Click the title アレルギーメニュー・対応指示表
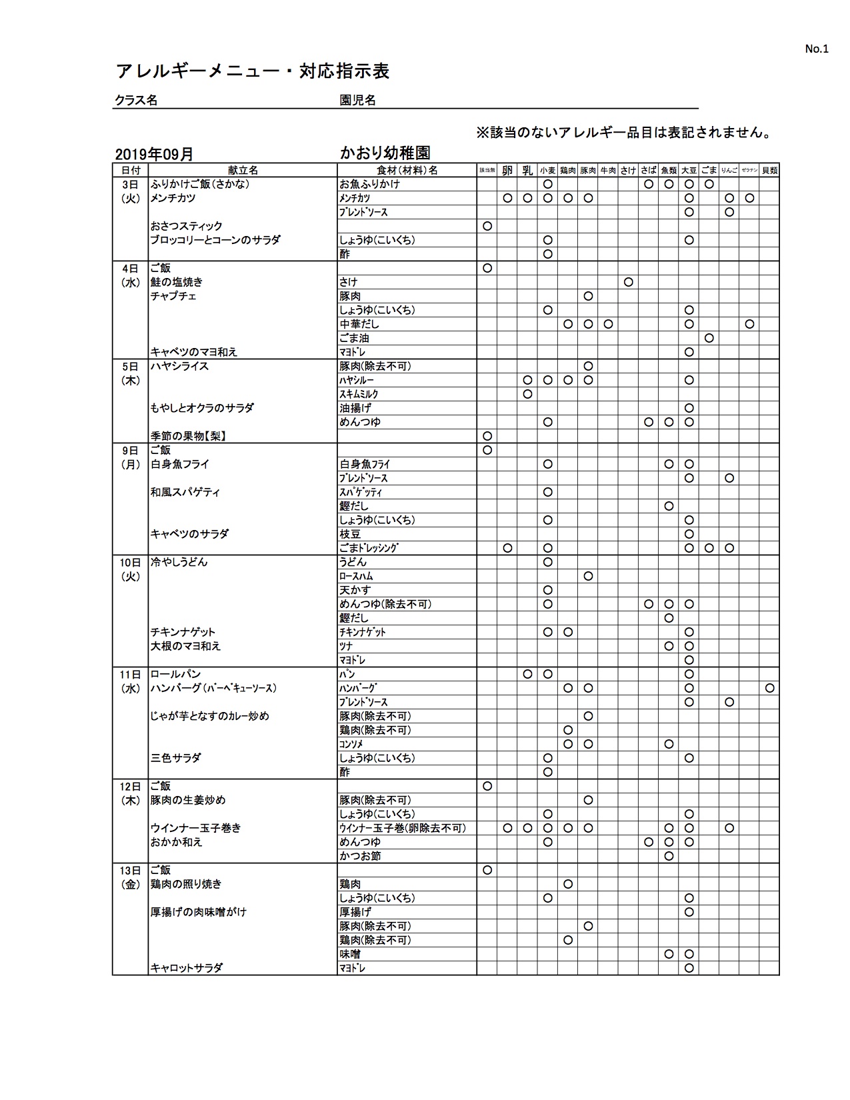click(253, 71)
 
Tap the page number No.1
click(816, 49)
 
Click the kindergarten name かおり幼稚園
click(385, 153)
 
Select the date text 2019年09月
click(154, 154)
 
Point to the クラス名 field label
click(136, 100)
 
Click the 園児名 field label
click(358, 100)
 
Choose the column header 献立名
click(243, 170)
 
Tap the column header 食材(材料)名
click(407, 170)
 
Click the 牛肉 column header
click(608, 170)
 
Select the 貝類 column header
click(769, 170)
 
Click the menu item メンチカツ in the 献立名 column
click(173, 198)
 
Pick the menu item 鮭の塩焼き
click(177, 282)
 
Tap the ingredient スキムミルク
click(359, 394)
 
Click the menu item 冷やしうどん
click(179, 562)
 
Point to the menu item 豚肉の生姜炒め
click(188, 800)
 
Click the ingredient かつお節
click(360, 856)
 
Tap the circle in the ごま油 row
click(709, 338)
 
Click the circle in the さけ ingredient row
click(628, 282)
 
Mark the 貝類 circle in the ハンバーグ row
click(769, 688)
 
